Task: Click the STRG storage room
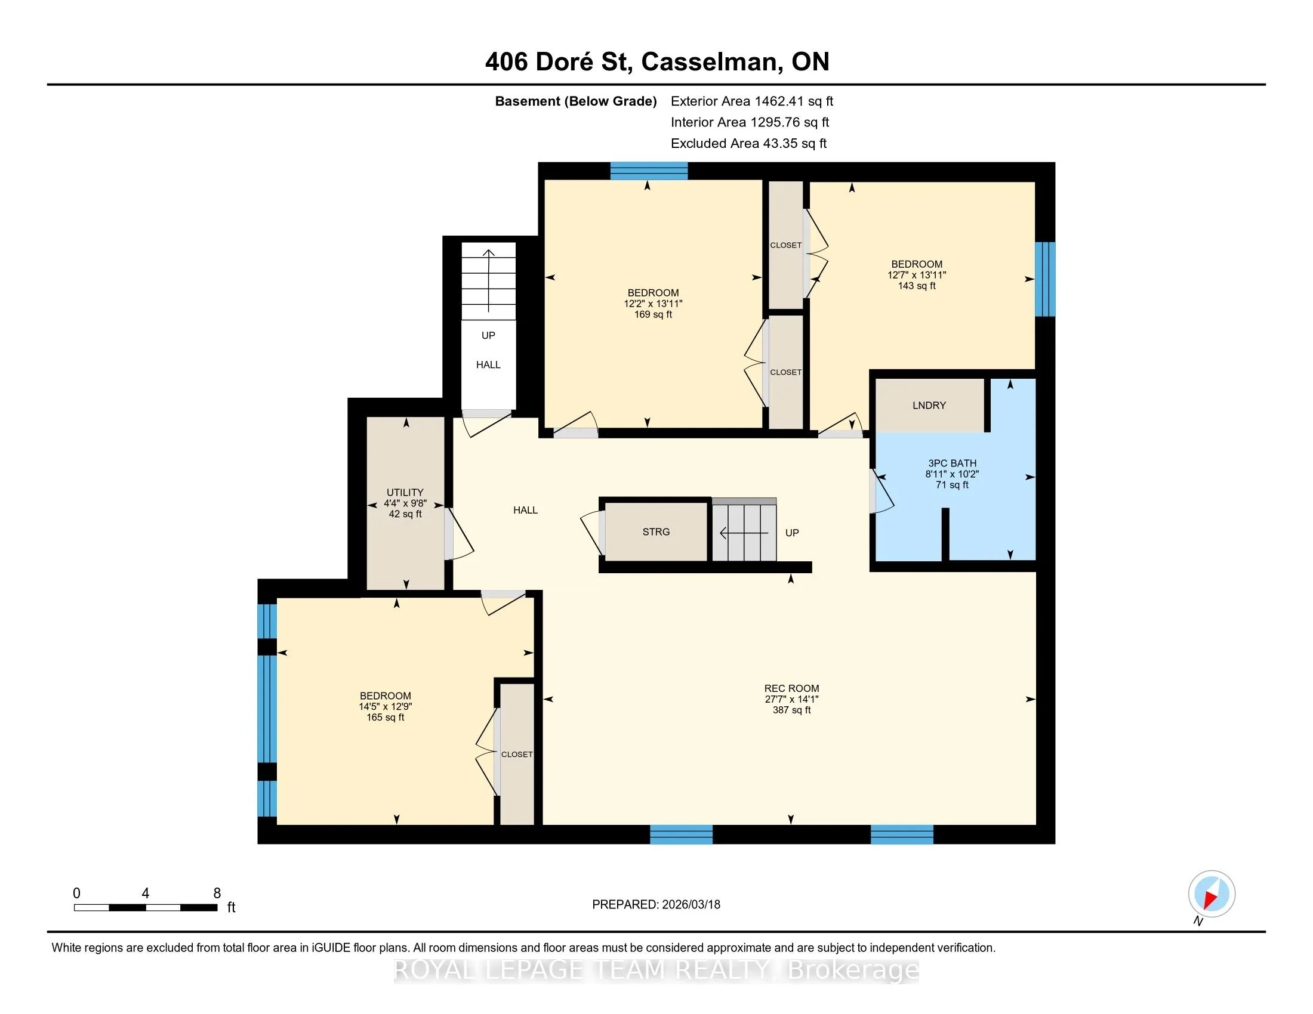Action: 656,531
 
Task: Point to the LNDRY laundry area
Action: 929,406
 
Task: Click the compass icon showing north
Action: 1212,894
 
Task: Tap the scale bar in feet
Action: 146,907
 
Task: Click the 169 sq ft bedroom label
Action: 653,304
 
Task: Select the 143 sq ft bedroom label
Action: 917,274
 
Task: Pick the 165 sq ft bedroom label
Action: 386,706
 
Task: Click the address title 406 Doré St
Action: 559,62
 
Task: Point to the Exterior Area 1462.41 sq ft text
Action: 752,101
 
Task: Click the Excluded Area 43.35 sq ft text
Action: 748,143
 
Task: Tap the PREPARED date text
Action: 656,905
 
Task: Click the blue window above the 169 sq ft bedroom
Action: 649,171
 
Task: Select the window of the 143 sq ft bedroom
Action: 1045,279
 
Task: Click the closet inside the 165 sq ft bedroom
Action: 517,755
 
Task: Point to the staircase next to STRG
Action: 744,530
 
